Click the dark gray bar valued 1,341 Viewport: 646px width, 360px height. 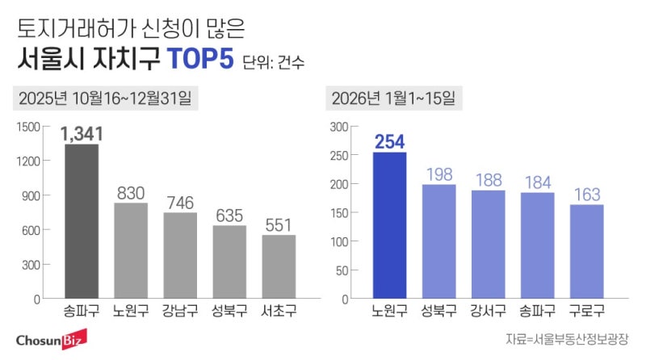(x=82, y=221)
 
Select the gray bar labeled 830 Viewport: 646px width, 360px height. (x=131, y=250)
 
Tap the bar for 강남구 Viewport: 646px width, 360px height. (x=181, y=255)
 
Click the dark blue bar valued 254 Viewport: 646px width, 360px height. (x=389, y=225)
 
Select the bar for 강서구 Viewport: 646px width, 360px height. (x=489, y=244)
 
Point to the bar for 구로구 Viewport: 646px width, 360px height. (x=587, y=251)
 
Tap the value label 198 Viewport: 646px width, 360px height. (x=439, y=174)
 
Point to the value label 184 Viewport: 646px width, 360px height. (x=538, y=182)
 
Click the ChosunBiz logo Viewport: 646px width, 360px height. (x=51, y=337)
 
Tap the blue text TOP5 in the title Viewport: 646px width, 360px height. (x=199, y=61)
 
